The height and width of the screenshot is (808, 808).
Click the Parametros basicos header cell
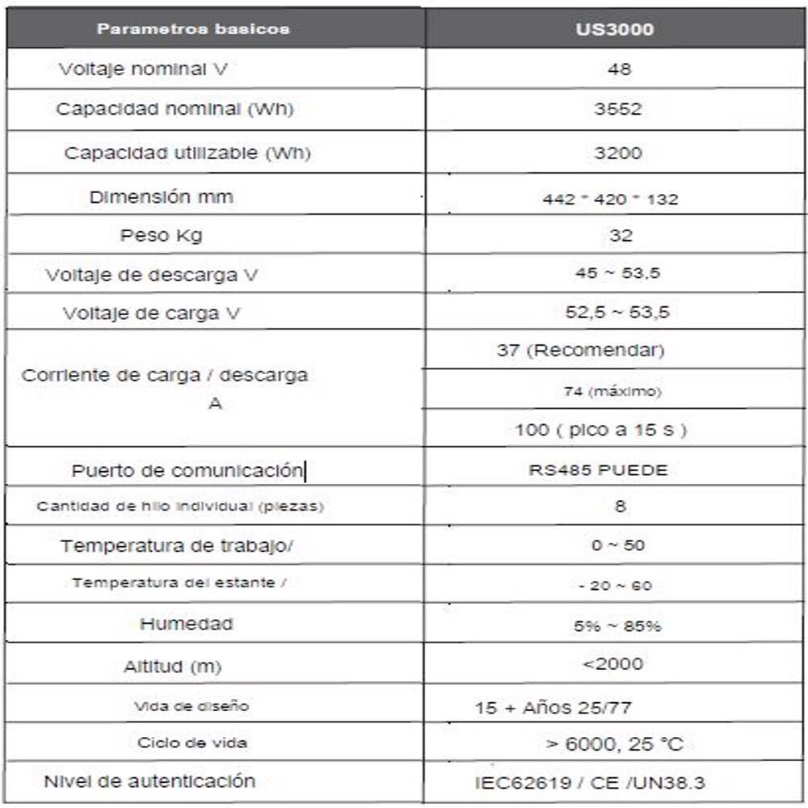[193, 29]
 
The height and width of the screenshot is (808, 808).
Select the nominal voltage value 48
[619, 69]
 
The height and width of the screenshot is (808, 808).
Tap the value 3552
[617, 109]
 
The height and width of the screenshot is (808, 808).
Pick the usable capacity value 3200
[617, 153]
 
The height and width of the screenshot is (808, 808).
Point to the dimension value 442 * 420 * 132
[611, 199]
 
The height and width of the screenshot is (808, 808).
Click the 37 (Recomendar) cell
[581, 351]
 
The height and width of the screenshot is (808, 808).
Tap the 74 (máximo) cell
[612, 391]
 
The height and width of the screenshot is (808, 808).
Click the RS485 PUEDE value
[599, 470]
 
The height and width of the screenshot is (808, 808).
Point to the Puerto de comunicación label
[187, 470]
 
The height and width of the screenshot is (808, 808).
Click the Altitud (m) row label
[172, 667]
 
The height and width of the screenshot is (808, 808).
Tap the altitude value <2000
[613, 664]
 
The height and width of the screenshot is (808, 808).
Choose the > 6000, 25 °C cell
[615, 744]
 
